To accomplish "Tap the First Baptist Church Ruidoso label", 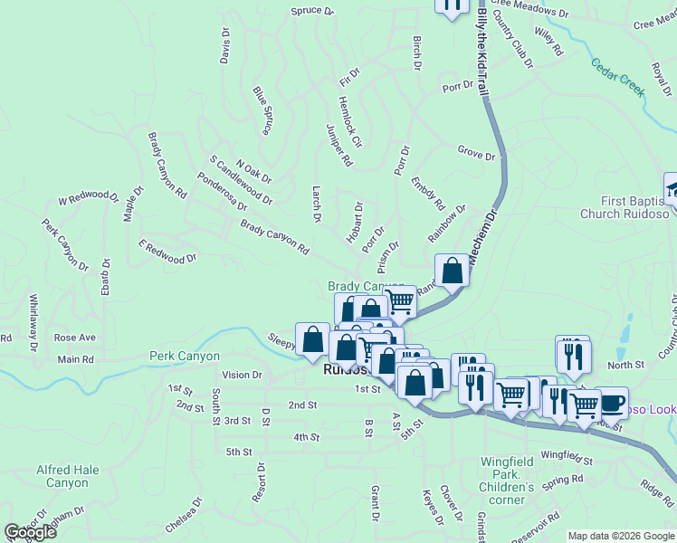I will click(x=634, y=207).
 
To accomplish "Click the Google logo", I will click(x=30, y=532).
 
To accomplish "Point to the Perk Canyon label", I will click(x=185, y=357).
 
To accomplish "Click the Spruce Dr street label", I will click(x=312, y=12).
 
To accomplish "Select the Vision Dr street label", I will click(x=242, y=374).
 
